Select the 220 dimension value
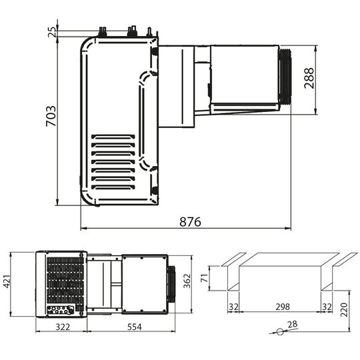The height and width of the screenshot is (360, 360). pyautogui.click(x=343, y=311)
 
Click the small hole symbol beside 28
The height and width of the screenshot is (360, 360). pyautogui.click(x=275, y=330)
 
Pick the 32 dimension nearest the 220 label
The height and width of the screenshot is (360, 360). pyautogui.click(x=326, y=307)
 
